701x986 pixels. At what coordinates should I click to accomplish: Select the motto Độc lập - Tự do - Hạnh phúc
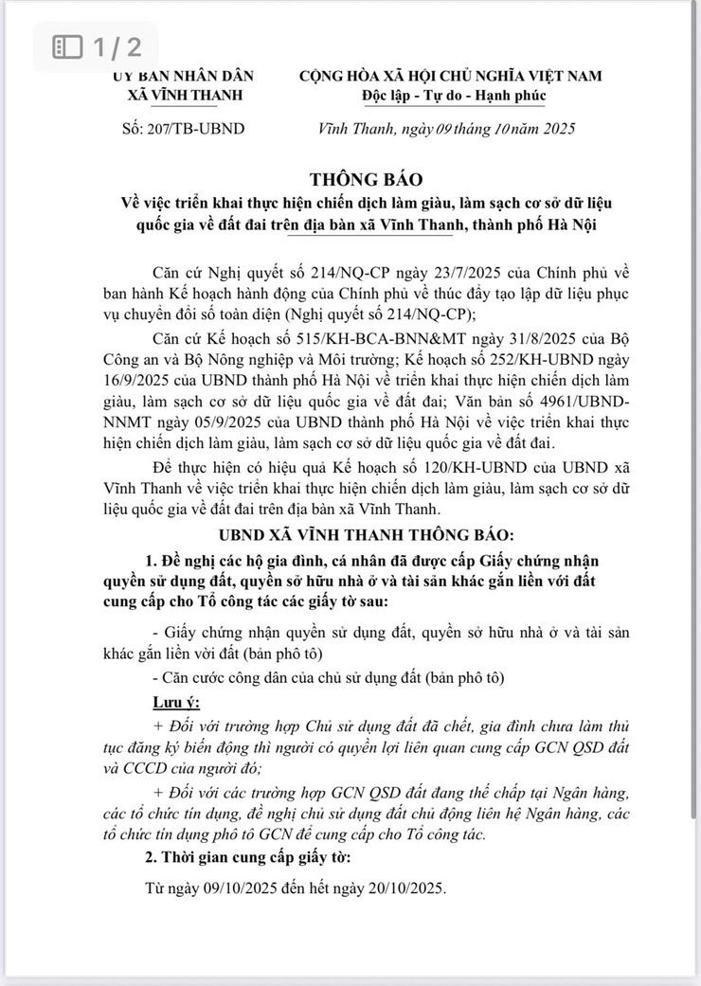click(x=453, y=97)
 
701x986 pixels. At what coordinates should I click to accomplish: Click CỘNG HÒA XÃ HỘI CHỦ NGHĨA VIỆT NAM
click(x=451, y=77)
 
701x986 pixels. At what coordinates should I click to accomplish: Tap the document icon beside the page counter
click(x=66, y=46)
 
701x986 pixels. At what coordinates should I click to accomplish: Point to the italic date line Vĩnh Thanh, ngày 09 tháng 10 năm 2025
click(x=446, y=129)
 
